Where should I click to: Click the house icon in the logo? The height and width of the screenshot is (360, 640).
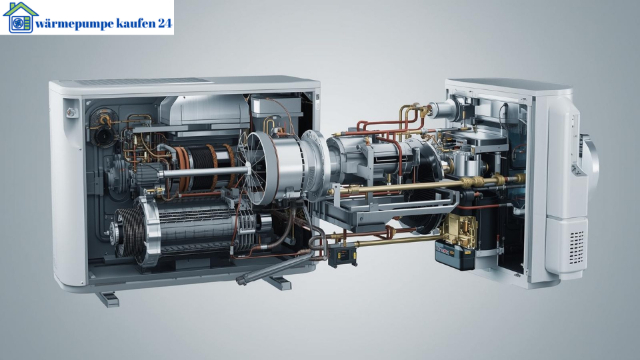[21, 18]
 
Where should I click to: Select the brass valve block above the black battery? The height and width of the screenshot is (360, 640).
[460, 229]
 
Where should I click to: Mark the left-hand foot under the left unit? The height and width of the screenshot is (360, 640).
[107, 297]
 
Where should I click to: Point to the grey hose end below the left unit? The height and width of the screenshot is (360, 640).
[242, 281]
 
